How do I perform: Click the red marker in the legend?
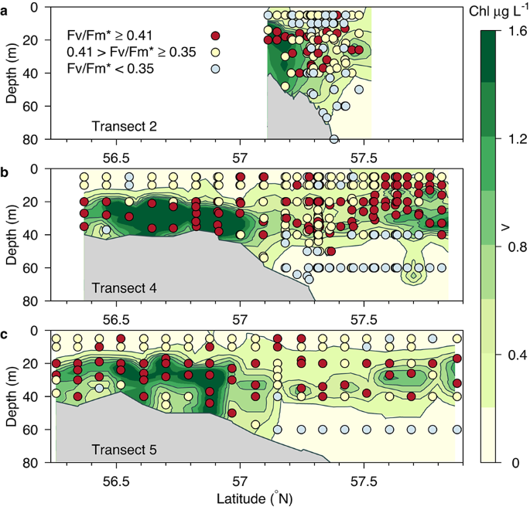[216, 36]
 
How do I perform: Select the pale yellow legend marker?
[216, 53]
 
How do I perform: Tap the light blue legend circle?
[216, 70]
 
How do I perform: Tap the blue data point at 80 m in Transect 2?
[334, 139]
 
